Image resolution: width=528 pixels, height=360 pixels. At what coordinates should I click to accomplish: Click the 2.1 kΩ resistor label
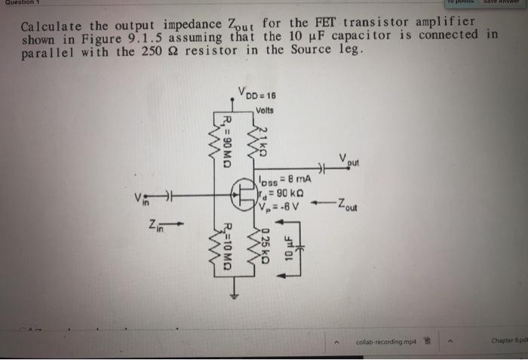click(263, 141)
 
